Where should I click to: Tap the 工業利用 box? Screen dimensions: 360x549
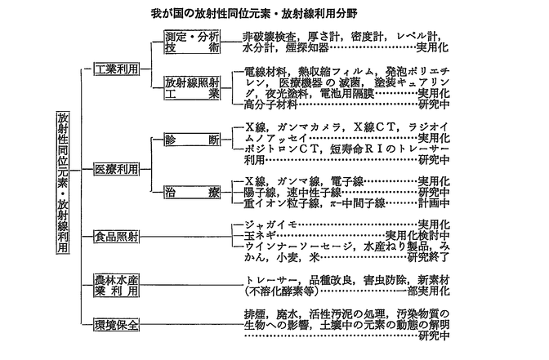pyautogui.click(x=115, y=69)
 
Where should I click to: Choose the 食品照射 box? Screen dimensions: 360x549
pyautogui.click(x=115, y=237)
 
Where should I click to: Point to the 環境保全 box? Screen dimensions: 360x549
pyautogui.click(x=115, y=323)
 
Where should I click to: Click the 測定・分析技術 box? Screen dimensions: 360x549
pyautogui.click(x=191, y=42)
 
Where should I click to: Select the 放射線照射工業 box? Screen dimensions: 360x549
pyautogui.click(x=191, y=89)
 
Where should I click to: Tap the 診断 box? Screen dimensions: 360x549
pyautogui.click(x=191, y=140)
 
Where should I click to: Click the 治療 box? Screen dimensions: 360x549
pyautogui.click(x=191, y=193)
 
